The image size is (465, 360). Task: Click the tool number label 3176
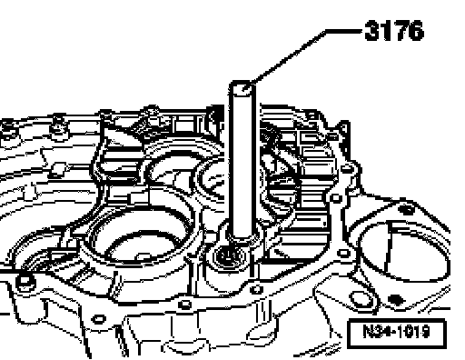tap(394, 31)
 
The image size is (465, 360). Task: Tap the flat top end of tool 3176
tap(242, 86)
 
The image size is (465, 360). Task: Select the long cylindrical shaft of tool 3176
tap(242, 161)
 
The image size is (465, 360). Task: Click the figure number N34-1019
tap(396, 331)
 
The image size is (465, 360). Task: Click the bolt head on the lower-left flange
tap(25, 281)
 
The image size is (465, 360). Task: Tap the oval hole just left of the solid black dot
tap(362, 299)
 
